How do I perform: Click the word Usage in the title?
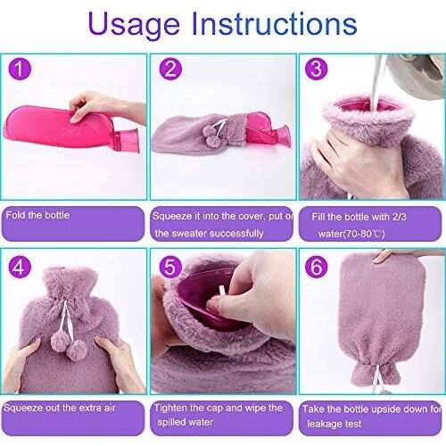click(134, 25)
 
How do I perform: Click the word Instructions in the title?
click(274, 23)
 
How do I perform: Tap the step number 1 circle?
click(20, 69)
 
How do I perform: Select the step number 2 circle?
click(170, 69)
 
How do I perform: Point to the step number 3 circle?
click(316, 69)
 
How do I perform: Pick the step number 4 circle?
click(20, 267)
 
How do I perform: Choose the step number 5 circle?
click(170, 267)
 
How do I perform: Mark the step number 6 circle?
click(316, 267)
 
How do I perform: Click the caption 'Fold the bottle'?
click(37, 215)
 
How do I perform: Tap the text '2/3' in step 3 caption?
click(399, 217)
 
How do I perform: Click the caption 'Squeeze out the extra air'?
click(60, 408)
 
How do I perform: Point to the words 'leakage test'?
click(334, 424)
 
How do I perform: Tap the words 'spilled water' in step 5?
click(186, 422)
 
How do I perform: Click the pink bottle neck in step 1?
click(127, 140)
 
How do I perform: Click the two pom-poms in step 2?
click(211, 136)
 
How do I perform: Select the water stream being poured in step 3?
click(377, 82)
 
